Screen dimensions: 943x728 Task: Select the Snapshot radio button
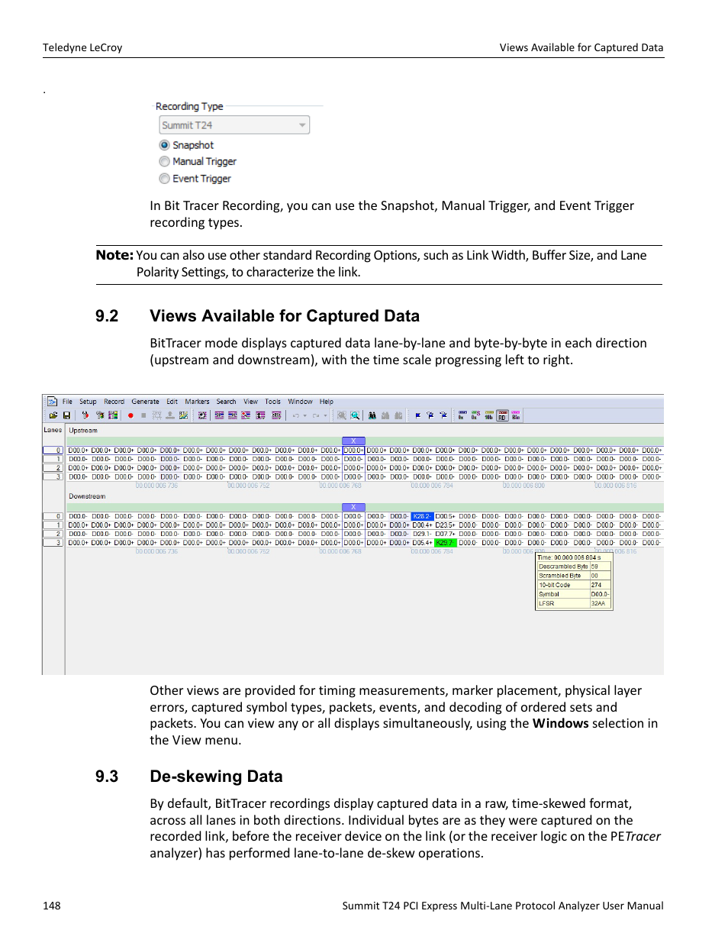[x=164, y=145]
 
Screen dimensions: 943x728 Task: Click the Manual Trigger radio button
[x=164, y=162]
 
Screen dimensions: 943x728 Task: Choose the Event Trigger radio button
[x=164, y=179]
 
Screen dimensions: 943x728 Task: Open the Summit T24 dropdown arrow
[x=302, y=125]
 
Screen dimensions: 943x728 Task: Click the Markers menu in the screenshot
[x=197, y=402]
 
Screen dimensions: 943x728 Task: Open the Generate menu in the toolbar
[x=145, y=402]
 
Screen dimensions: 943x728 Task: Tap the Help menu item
[x=327, y=402]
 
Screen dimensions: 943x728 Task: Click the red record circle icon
[x=130, y=416]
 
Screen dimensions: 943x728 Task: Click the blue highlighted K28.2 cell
[x=422, y=517]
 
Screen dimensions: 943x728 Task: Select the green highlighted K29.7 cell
[x=445, y=543]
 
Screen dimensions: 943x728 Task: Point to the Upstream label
[x=83, y=431]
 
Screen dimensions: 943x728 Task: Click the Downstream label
[x=87, y=496]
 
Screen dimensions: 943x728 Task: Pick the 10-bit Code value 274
[x=596, y=585]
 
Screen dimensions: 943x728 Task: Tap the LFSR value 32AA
[x=598, y=603]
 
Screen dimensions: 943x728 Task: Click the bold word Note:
[x=114, y=255]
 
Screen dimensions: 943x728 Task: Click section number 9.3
[x=107, y=777]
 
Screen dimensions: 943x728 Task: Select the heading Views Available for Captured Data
[x=285, y=316]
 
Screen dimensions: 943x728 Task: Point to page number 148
[x=52, y=906]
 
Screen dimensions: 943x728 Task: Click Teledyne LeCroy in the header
[x=82, y=47]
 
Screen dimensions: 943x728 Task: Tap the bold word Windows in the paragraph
[x=560, y=723]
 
